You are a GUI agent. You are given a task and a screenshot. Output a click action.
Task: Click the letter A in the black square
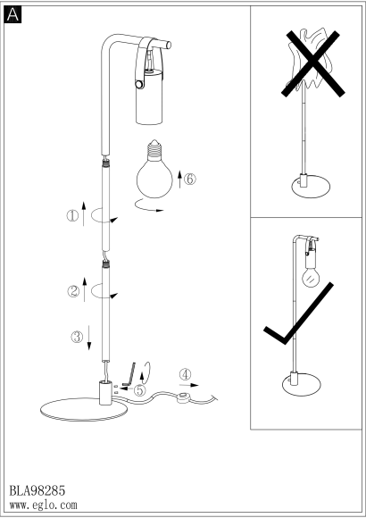12,15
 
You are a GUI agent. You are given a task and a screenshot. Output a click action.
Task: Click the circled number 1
72,216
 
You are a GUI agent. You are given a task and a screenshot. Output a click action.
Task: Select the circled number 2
73,291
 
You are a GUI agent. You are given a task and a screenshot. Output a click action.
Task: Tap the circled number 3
78,337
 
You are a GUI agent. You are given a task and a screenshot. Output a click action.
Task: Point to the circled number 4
186,374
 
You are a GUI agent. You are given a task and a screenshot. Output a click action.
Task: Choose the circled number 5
139,389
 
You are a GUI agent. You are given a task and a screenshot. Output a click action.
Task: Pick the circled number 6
190,179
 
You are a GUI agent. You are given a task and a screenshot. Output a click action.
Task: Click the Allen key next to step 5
129,374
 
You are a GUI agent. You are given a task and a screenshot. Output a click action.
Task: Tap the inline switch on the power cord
183,397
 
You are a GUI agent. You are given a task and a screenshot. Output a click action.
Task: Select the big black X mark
312,63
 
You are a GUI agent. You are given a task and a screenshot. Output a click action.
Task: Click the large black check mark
299,313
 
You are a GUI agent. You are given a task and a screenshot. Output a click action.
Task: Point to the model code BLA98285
37,490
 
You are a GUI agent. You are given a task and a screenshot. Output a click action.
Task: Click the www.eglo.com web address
43,505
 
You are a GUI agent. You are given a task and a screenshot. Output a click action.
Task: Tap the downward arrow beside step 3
89,338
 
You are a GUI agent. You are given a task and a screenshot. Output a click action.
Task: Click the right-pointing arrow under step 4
189,385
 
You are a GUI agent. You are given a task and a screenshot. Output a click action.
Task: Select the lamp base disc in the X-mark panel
311,187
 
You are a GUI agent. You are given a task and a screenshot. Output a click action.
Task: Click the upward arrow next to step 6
179,180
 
